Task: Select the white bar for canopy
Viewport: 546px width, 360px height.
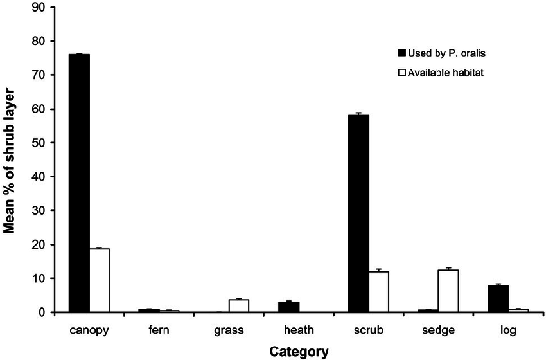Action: coord(100,280)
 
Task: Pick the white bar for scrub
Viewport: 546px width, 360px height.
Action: coord(379,292)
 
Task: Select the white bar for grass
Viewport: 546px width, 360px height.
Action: coord(239,306)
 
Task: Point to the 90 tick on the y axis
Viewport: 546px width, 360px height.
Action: coord(40,8)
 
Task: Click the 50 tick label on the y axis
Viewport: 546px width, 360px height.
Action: coord(40,143)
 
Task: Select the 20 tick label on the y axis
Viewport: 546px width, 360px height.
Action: coord(40,244)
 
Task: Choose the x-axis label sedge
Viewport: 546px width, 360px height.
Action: coord(439,330)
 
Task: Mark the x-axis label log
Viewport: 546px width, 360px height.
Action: coord(508,330)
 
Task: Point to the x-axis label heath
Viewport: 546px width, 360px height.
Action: coord(298,330)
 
